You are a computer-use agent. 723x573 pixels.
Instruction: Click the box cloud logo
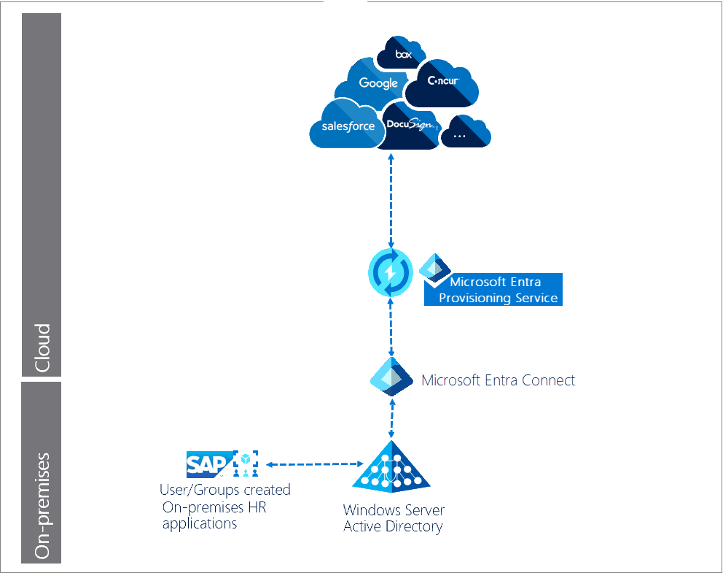coord(403,54)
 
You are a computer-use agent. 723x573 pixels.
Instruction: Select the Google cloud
coord(378,83)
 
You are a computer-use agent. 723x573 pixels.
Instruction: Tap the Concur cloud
coord(442,82)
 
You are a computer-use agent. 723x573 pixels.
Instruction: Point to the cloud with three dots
coord(461,135)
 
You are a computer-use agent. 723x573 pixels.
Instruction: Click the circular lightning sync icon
coord(390,272)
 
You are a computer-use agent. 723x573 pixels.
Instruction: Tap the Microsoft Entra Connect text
coord(498,380)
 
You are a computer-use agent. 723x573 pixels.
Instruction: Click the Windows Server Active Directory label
coord(394,518)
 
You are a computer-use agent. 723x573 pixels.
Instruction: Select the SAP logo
coord(209,463)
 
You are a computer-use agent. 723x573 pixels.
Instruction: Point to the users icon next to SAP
coord(246,463)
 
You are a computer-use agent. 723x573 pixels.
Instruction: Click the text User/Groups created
coord(225,490)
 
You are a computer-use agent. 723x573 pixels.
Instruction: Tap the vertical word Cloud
coord(42,347)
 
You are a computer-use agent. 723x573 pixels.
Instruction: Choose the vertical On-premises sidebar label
coord(42,506)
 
